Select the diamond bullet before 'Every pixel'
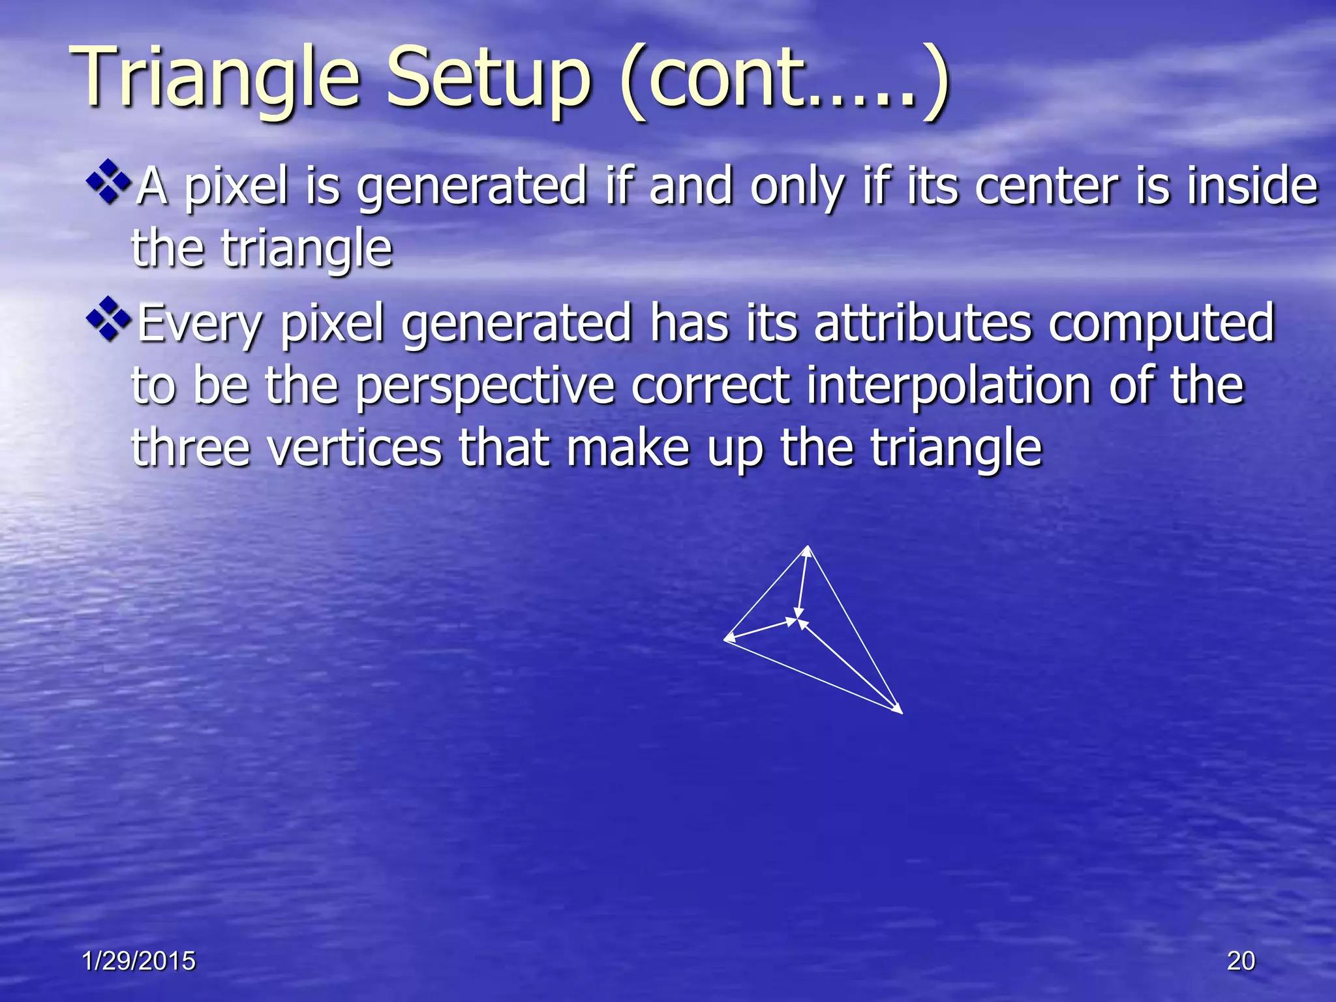(108, 319)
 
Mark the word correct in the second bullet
(710, 386)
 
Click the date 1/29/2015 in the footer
(139, 961)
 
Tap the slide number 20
(1241, 961)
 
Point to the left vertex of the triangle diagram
(725, 639)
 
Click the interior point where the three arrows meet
(798, 618)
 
